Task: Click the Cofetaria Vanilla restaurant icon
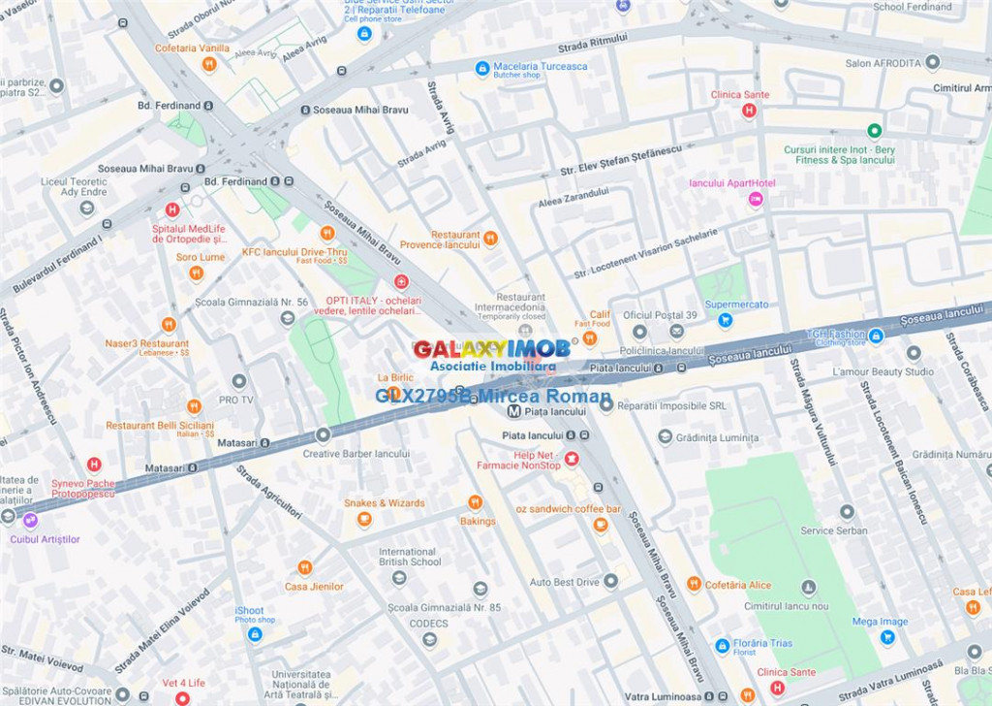point(208,64)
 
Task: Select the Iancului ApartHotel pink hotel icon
point(756,199)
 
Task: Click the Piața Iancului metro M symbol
point(513,411)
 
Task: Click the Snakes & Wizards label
point(384,503)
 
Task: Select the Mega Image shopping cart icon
point(887,637)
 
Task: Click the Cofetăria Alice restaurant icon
point(694,584)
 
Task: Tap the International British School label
point(409,557)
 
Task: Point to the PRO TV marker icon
point(239,381)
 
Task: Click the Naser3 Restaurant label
point(147,343)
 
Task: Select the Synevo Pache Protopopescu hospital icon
point(94,465)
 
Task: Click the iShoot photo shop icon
point(255,634)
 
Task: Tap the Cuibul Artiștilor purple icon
point(30,520)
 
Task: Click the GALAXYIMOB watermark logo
point(492,349)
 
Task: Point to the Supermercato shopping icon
point(725,320)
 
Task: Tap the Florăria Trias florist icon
point(722,645)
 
